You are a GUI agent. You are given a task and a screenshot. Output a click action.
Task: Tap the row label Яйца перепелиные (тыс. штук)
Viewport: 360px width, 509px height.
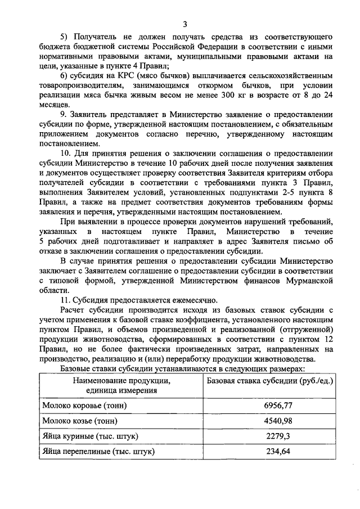pyautogui.click(x=98, y=451)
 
